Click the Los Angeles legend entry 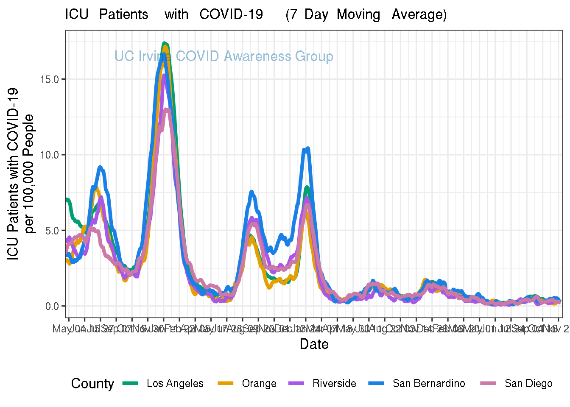175,384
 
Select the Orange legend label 259,384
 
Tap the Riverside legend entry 334,384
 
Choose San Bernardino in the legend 428,384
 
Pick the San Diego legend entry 528,384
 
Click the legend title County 92,384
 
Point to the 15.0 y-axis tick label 50,79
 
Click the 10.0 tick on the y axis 50,155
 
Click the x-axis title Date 314,344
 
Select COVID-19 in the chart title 231,14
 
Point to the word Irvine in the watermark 155,56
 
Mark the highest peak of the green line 165,43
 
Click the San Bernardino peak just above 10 307,148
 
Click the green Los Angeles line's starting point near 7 67,199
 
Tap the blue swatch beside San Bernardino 377,383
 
